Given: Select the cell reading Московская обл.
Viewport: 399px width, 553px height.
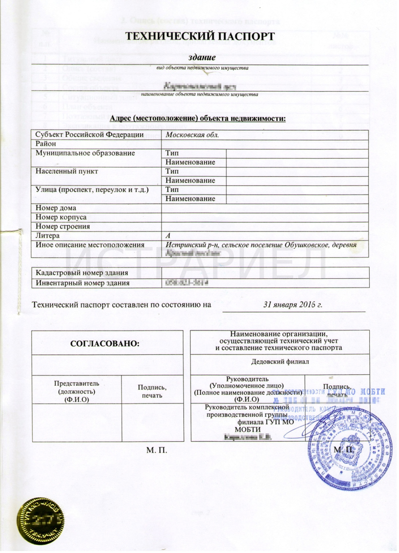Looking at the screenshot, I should [x=191, y=135].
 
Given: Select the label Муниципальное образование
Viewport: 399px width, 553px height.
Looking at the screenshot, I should [x=82, y=153].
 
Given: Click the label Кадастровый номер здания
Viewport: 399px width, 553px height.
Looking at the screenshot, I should [x=83, y=272].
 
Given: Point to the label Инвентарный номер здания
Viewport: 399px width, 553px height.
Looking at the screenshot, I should [x=83, y=282].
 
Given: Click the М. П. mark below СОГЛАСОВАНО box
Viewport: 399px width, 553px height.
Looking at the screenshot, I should [x=157, y=449].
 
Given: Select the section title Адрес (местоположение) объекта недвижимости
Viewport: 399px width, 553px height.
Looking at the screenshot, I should [x=198, y=119].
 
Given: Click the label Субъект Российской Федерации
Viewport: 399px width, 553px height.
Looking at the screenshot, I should [x=88, y=135].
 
